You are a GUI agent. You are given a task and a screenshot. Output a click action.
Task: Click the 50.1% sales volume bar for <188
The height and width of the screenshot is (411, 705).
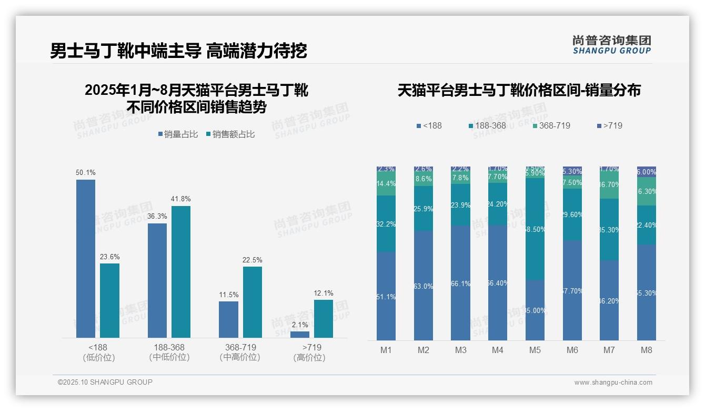[86, 258]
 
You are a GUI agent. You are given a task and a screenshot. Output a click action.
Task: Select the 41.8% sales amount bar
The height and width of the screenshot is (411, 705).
[181, 271]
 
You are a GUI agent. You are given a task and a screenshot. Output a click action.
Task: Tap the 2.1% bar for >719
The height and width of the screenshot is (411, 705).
[300, 334]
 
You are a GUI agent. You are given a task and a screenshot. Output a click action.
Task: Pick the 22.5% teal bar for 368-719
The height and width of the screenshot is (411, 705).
[253, 302]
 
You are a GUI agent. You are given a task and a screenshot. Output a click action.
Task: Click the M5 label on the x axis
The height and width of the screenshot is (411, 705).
[535, 350]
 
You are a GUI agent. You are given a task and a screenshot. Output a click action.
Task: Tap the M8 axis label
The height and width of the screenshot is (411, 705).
[647, 350]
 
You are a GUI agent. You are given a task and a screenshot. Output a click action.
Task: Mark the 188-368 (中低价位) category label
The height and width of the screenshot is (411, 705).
[169, 352]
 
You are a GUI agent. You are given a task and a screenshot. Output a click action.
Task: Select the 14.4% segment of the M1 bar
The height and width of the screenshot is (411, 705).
[386, 184]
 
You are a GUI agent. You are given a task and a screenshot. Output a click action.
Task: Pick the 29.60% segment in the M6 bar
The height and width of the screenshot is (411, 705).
[572, 214]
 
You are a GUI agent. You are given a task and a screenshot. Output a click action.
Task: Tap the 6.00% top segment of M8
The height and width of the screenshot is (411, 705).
[647, 172]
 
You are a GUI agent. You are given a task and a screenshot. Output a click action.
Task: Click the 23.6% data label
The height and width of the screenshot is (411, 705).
[110, 257]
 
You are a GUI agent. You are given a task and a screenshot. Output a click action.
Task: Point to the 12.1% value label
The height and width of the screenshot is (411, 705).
[324, 293]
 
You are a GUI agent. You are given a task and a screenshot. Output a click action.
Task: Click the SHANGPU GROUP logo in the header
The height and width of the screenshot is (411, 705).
[611, 45]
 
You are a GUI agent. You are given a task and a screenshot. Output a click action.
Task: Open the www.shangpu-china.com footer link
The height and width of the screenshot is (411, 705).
[613, 383]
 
